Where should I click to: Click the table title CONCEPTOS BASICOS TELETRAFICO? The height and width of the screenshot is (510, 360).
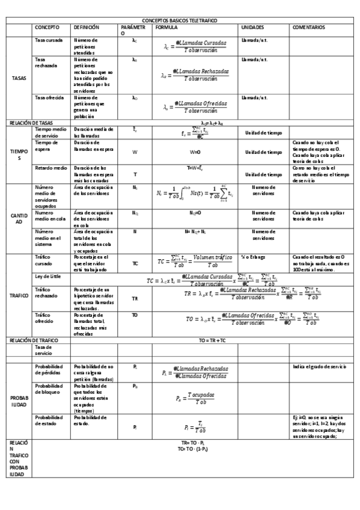(180, 20)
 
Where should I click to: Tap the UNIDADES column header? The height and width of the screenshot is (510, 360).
(252, 28)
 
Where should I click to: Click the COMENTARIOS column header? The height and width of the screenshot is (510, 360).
(309, 28)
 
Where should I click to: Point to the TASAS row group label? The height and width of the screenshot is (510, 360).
(19, 78)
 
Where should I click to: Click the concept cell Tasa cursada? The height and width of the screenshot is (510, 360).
(49, 40)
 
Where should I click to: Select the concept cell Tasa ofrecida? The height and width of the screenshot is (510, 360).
(49, 97)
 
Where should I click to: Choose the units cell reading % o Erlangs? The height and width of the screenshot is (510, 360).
(254, 257)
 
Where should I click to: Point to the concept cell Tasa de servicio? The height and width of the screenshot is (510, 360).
(44, 350)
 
